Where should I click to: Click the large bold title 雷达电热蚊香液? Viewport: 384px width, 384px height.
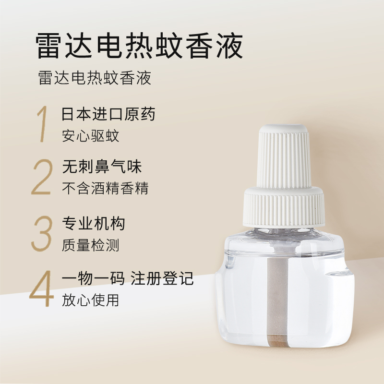[139, 46]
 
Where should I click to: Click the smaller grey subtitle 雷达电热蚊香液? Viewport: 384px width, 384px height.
[95, 78]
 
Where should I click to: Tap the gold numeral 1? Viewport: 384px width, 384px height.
[42, 124]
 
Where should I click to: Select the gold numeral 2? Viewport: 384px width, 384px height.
[42, 177]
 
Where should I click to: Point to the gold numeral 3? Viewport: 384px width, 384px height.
[42, 233]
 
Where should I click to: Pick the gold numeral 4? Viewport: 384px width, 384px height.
[41, 288]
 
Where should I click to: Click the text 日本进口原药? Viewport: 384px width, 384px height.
[108, 114]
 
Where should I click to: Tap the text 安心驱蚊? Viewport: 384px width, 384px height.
[90, 136]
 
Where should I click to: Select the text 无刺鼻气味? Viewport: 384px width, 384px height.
[102, 167]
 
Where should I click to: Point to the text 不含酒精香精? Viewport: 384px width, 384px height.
[105, 188]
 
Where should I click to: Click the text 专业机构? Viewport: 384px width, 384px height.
[94, 223]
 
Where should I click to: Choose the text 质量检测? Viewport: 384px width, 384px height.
[90, 245]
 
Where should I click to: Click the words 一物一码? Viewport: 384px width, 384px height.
[93, 278]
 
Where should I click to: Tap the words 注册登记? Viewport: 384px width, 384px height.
[162, 278]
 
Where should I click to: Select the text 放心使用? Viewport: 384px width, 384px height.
[90, 300]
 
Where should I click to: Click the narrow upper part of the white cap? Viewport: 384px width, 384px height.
[284, 157]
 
